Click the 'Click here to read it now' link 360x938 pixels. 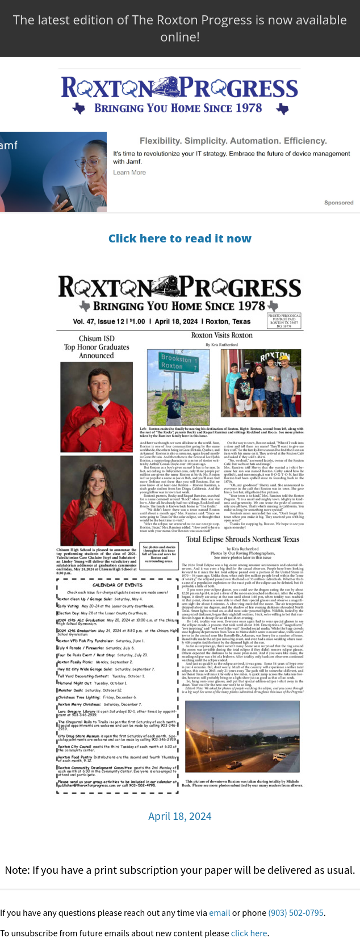pos(179,238)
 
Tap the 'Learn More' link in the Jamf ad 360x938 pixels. pos(129,173)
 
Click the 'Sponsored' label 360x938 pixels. pos(338,203)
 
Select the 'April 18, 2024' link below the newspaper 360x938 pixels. pos(179,816)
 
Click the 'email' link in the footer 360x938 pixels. pos(219,912)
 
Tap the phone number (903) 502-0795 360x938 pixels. pos(295,912)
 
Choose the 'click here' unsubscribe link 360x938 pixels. pos(249,933)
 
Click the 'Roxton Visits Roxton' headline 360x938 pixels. pos(222,335)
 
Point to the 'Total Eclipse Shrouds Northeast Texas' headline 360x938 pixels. pos(242,539)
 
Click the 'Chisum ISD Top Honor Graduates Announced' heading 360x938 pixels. pos(97,347)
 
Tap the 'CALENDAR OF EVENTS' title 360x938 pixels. pos(118,584)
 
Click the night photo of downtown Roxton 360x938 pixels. pos(242,736)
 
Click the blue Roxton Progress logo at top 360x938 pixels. pos(179,94)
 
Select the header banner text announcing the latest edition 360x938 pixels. pos(179,28)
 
